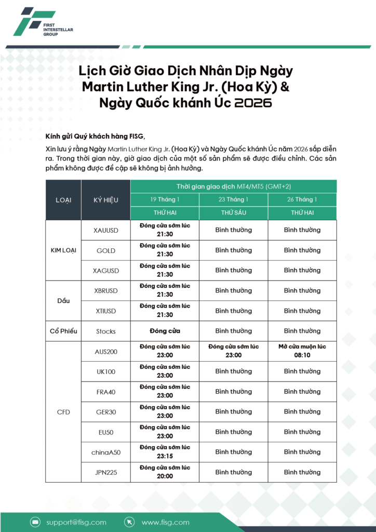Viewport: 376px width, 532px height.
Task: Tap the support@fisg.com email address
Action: point(76,522)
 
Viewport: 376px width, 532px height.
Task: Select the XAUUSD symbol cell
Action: point(106,230)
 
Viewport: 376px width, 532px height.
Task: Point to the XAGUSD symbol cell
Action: point(106,271)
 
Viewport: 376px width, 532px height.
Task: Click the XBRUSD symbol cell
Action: point(106,291)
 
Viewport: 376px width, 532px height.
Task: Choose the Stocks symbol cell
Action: point(106,331)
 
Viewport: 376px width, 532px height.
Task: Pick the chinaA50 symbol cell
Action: point(106,453)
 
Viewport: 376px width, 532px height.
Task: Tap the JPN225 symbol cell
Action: point(106,473)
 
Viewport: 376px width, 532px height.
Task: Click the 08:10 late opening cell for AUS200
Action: point(302,351)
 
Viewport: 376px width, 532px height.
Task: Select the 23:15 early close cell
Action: point(165,452)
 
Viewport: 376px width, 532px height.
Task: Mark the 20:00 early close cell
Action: point(165,472)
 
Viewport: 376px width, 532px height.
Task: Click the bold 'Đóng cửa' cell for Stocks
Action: point(165,331)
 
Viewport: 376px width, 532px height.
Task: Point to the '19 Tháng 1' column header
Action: point(165,199)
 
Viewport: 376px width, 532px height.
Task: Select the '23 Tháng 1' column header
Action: point(233,199)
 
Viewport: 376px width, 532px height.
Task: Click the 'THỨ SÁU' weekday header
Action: point(233,213)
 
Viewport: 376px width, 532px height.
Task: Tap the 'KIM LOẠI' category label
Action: point(63,250)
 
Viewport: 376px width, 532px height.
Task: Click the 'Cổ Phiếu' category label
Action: point(63,331)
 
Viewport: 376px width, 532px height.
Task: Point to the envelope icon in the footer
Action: point(35,522)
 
